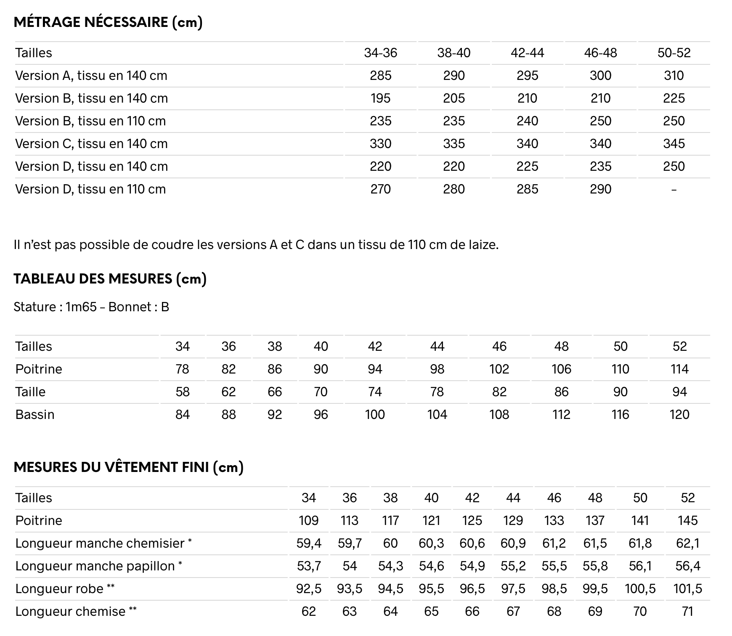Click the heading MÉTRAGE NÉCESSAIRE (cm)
tap(108, 22)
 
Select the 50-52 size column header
tap(674, 53)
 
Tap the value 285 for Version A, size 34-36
tap(381, 75)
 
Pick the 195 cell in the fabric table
tap(381, 98)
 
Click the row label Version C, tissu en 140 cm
tap(91, 143)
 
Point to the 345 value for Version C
tap(674, 143)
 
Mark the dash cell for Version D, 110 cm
tap(674, 189)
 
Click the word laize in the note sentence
tap(483, 244)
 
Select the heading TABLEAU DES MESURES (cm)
tap(110, 278)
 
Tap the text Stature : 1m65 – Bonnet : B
tap(91, 307)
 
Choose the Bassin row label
tap(35, 414)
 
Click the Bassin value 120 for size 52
tap(679, 414)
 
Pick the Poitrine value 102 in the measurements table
tap(499, 369)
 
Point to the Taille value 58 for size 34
tap(183, 392)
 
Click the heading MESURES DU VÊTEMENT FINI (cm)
tap(129, 467)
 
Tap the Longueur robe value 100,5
tap(640, 588)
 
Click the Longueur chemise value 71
tap(687, 611)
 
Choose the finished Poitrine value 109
tap(308, 520)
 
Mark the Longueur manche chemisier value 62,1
tap(687, 543)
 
